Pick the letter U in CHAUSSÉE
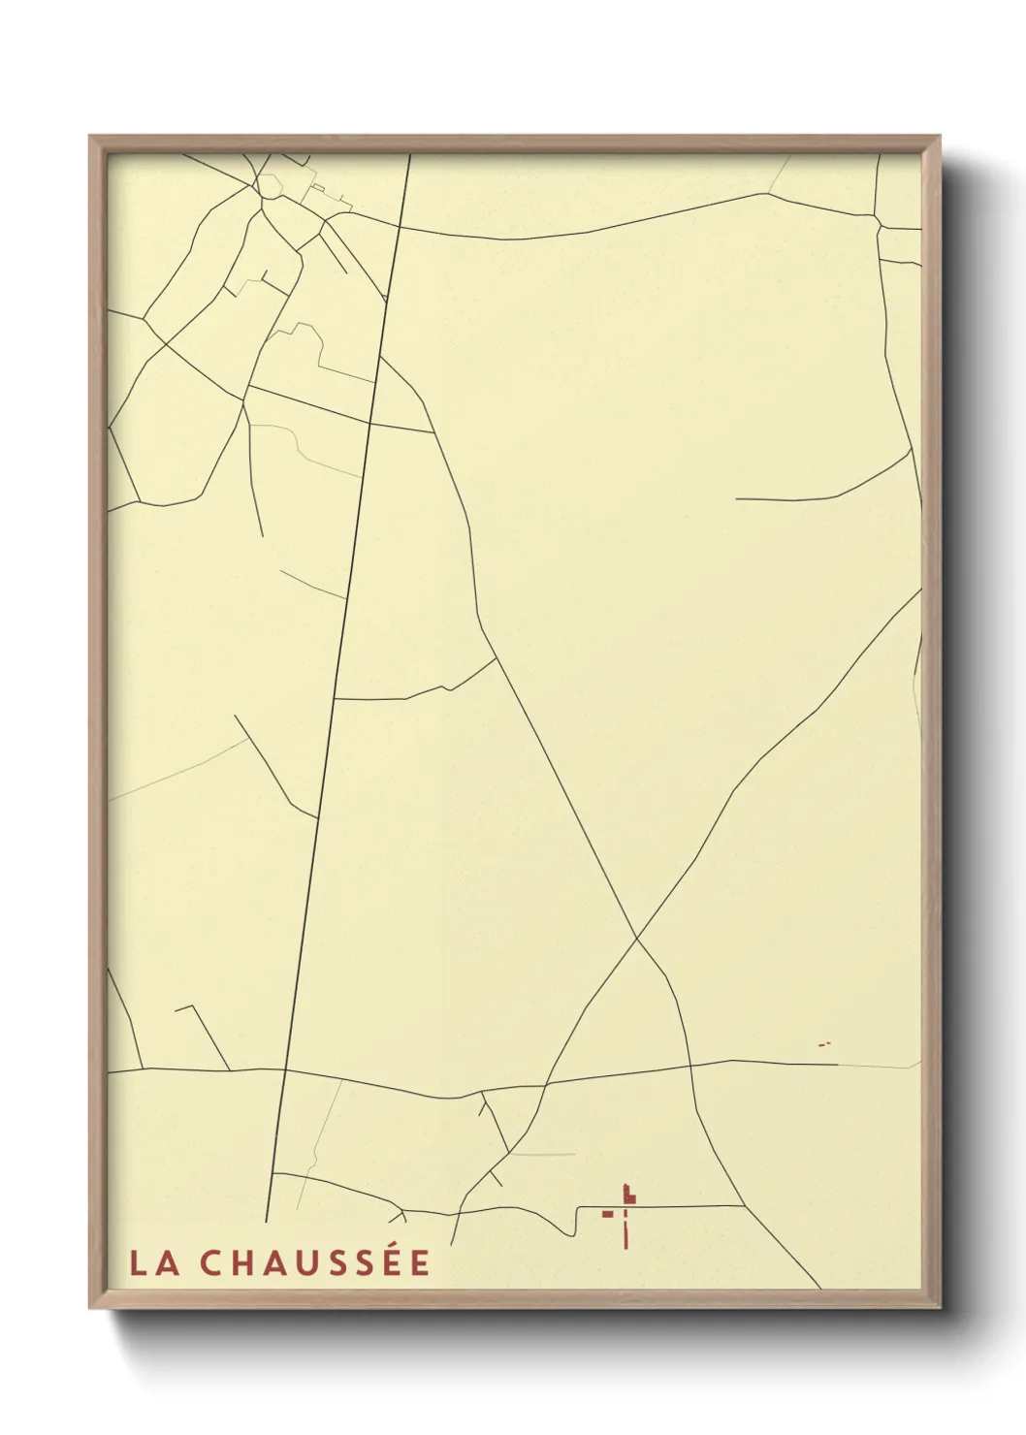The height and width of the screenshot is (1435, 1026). pos(308,1263)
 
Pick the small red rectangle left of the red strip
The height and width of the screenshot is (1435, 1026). pos(608,1213)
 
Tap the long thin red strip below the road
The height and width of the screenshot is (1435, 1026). pos(625,1228)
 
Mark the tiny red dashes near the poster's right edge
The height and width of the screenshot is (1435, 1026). pos(824,1044)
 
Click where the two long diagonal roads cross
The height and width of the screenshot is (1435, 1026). pos(636,939)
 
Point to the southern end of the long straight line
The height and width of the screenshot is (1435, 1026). pos(266,1221)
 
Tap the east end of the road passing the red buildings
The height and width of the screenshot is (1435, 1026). pos(743,1205)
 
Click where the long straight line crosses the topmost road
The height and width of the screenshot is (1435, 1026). pos(400,228)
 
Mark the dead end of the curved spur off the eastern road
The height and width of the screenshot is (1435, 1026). pos(737,498)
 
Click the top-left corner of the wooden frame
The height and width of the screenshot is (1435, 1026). pos(90,137)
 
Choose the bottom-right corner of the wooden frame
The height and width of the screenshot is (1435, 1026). pos(941,1308)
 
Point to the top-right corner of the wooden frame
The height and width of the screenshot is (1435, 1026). pos(941,137)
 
